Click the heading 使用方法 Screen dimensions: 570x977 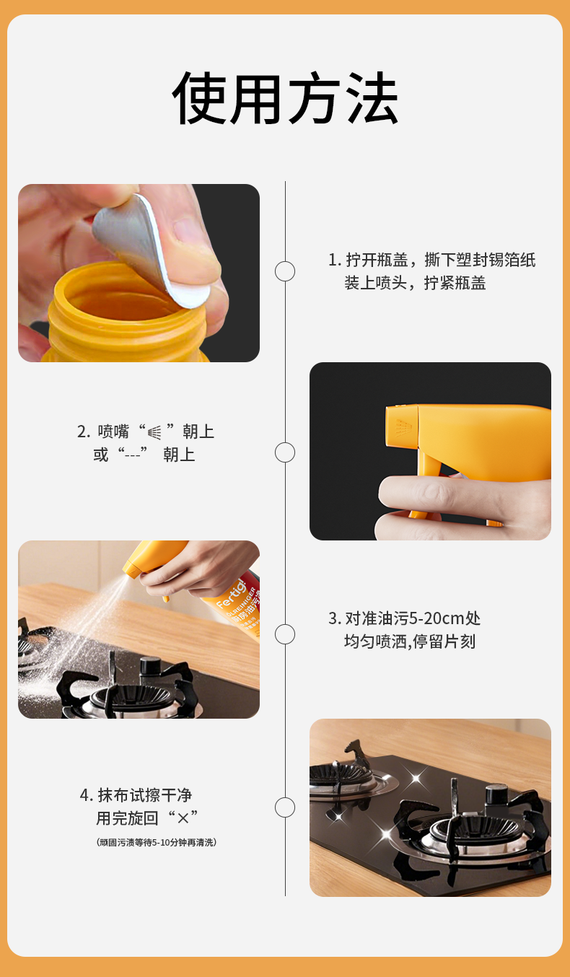tap(285, 97)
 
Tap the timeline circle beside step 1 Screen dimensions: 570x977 tap(285, 271)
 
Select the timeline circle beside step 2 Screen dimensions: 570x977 tap(285, 452)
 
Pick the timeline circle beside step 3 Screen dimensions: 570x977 tap(285, 634)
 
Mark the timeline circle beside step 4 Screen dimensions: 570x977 tap(285, 807)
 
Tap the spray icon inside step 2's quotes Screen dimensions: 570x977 tap(154, 432)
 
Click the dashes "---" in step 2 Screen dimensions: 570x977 tap(132, 455)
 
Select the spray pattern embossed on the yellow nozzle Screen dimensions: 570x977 tap(403, 427)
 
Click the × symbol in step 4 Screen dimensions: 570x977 tap(183, 819)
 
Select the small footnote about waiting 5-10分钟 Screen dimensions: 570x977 tap(156, 842)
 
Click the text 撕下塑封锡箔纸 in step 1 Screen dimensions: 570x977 tap(480, 260)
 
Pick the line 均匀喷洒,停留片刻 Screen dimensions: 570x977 tap(410, 641)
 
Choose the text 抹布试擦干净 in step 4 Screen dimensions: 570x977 tap(145, 796)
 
